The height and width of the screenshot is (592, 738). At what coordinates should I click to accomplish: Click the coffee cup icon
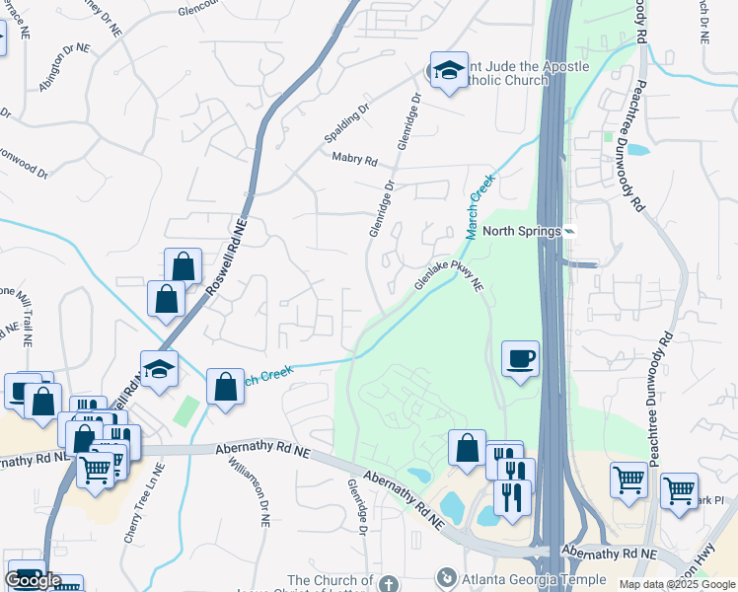click(520, 358)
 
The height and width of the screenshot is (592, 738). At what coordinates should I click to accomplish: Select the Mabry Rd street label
click(355, 160)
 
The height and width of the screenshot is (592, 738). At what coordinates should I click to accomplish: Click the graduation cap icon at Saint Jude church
click(449, 70)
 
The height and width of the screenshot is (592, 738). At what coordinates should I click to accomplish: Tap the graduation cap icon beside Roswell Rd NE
click(158, 369)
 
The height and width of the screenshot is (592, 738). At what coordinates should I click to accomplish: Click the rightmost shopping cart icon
click(679, 489)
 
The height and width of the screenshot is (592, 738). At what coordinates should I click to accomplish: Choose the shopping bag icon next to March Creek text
click(225, 388)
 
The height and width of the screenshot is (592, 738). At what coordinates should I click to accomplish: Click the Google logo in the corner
click(33, 580)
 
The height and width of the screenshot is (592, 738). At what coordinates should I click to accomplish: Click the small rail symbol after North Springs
click(569, 231)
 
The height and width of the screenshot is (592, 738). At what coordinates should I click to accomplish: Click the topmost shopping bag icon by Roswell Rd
click(183, 265)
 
